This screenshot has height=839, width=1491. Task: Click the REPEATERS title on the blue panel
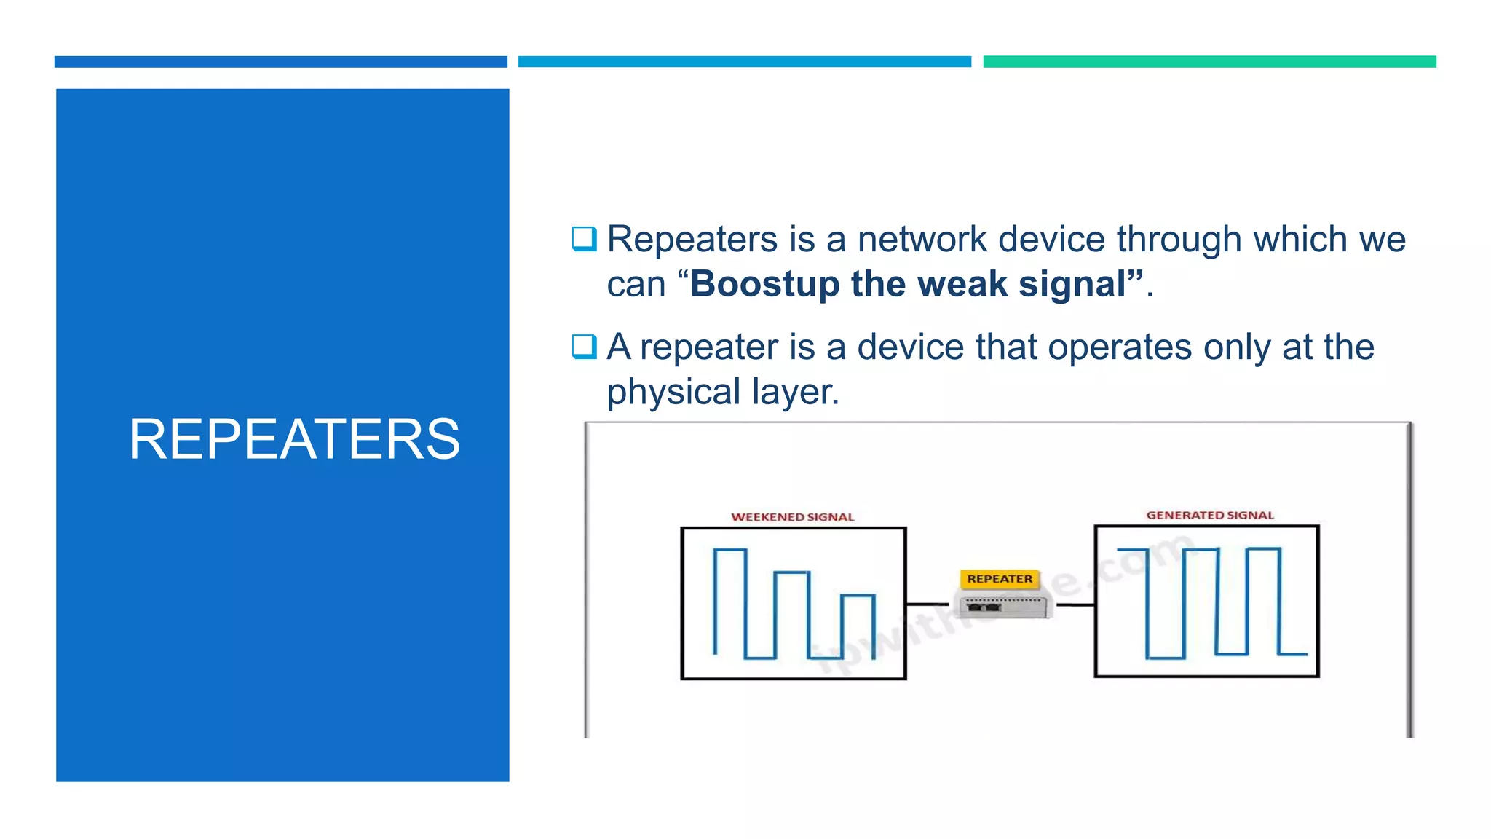coord(294,439)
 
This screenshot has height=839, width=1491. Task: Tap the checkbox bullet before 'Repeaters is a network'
coord(584,239)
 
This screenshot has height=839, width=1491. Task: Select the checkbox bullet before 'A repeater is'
coord(584,347)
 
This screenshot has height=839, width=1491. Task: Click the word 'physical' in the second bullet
coord(673,392)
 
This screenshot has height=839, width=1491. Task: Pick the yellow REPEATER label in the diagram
coord(1000,579)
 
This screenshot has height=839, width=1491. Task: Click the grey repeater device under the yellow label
coord(1002,605)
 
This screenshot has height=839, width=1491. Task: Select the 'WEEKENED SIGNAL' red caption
coord(792,517)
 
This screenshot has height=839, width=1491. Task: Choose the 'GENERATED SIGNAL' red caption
coord(1210,515)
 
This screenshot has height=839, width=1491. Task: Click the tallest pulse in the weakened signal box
coord(729,601)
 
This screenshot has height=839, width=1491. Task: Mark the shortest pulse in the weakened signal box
coord(858,625)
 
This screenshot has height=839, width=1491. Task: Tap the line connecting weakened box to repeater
coord(927,604)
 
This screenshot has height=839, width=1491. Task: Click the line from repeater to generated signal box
coord(1075,604)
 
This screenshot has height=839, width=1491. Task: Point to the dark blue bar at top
coord(280,62)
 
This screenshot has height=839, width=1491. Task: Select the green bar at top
coord(1209,62)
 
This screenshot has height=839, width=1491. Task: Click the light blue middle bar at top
coord(744,62)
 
